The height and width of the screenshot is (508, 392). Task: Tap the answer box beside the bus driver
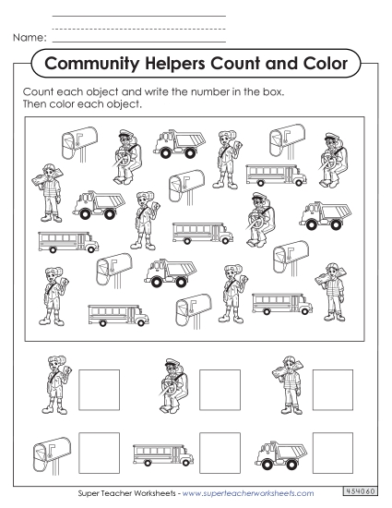(x=219, y=388)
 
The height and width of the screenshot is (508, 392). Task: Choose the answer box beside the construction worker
(x=332, y=388)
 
